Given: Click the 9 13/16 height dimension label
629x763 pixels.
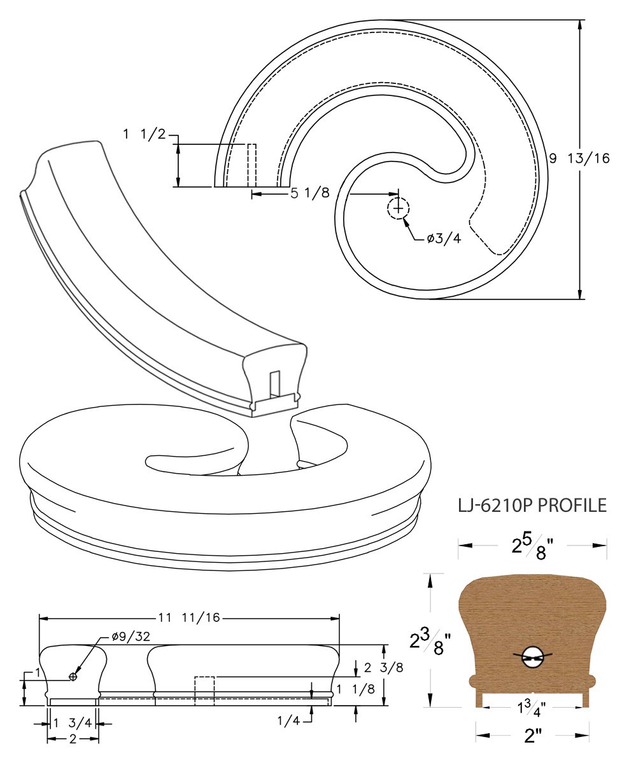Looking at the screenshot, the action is coord(579,158).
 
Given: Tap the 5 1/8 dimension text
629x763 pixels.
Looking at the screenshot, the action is coord(310,193).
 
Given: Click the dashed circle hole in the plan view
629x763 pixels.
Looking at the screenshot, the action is coord(398,209).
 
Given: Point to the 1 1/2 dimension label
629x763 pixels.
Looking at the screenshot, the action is coord(145,135).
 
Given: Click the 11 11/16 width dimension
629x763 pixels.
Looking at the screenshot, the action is coord(189,617).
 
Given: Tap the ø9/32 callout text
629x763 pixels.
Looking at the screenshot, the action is coord(131,636).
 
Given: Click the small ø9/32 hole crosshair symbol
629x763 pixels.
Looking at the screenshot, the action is coord(73,676).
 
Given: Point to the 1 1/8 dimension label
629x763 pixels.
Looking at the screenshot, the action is coord(355,689).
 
